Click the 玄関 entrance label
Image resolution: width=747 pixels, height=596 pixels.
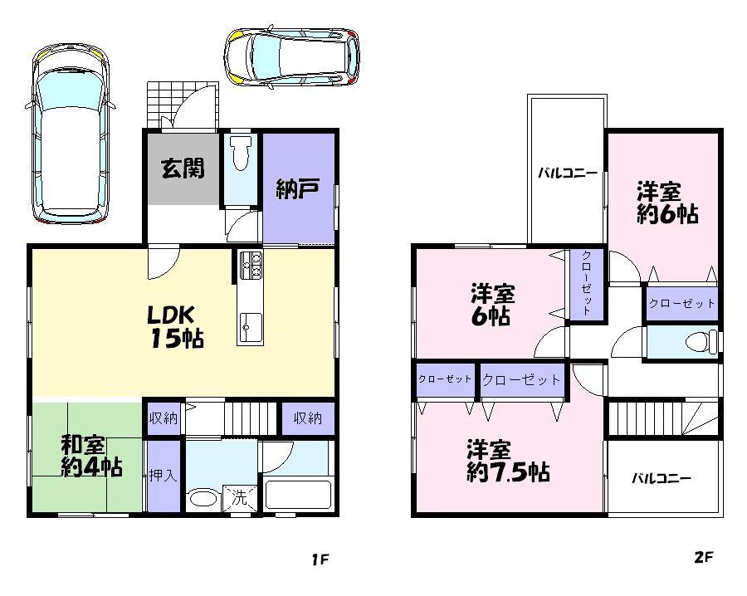tap(183, 168)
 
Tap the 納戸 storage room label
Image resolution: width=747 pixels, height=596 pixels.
tap(297, 189)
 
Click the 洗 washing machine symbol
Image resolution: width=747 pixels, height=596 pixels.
tap(240, 499)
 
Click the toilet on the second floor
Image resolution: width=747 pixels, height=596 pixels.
tap(703, 341)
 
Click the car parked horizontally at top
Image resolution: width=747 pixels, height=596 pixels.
tap(292, 56)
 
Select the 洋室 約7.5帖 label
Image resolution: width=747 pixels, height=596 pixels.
tap(505, 462)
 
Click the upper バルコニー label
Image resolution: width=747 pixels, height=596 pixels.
tap(567, 173)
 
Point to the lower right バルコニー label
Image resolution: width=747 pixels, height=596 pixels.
tap(662, 478)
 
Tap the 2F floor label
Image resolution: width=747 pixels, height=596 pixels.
tap(703, 557)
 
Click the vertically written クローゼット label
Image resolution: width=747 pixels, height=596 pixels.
tap(586, 283)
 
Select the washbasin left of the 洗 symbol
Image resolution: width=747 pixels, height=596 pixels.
tap(203, 500)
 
